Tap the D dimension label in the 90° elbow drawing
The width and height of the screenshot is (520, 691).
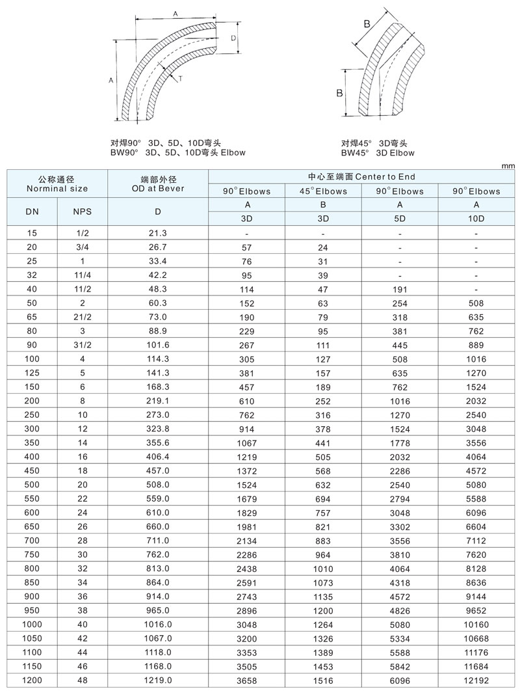coord(233,39)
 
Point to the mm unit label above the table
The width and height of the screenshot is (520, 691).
coord(508,166)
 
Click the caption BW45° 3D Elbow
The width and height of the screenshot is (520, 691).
coord(378,153)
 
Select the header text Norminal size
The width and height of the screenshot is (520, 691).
coord(57,188)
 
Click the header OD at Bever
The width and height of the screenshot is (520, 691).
coord(158,188)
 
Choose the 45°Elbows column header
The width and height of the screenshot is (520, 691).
coord(323,191)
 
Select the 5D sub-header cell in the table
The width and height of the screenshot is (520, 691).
coord(400,218)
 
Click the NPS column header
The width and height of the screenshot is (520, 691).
coord(82,211)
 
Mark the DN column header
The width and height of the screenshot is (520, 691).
coord(32,211)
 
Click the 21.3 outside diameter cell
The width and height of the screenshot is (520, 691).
coord(158,233)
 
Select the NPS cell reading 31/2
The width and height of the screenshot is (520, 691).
coord(82,344)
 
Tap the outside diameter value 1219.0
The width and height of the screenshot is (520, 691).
coord(158,679)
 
